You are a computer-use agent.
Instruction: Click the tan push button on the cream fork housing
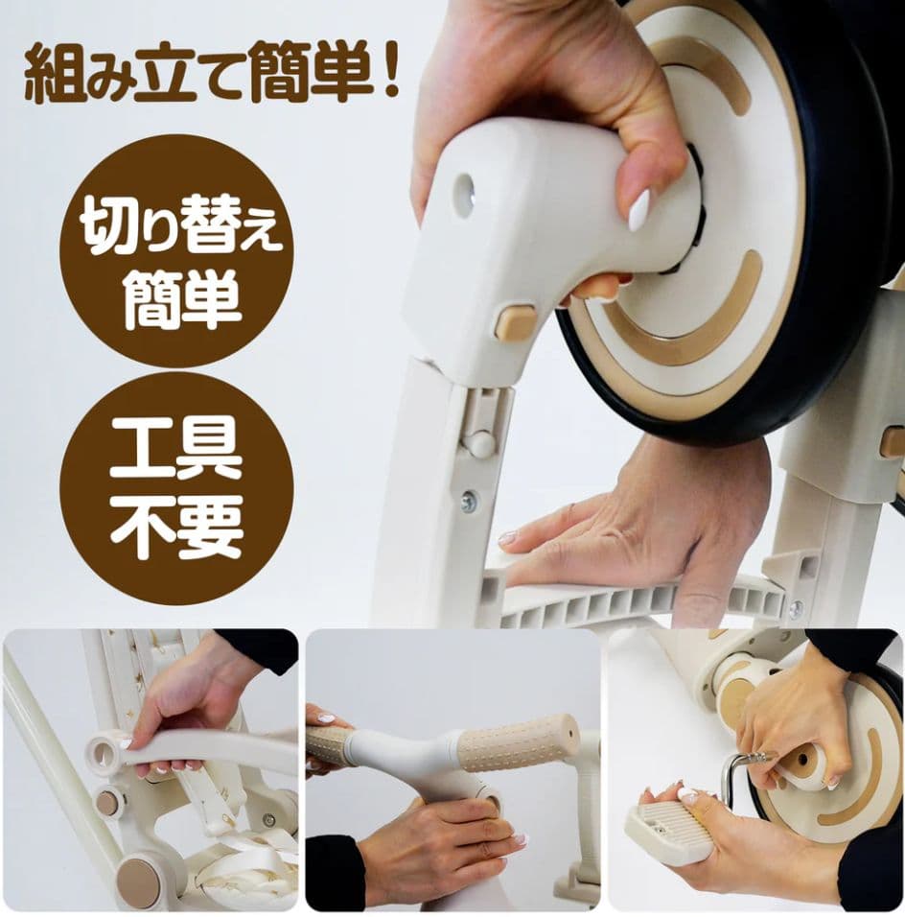pyautogui.click(x=516, y=322)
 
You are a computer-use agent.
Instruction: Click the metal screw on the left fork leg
pyautogui.click(x=469, y=501)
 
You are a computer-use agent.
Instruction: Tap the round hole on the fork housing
pyautogui.click(x=464, y=195)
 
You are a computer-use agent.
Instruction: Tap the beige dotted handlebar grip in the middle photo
pyautogui.click(x=518, y=741)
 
